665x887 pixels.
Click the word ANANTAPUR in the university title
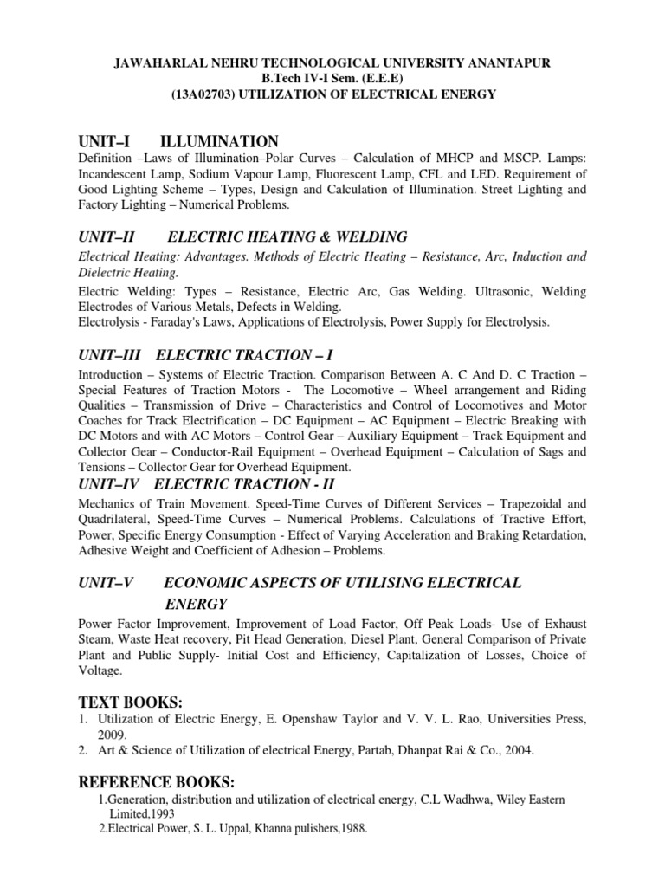(507, 64)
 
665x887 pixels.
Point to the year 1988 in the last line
(351, 829)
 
